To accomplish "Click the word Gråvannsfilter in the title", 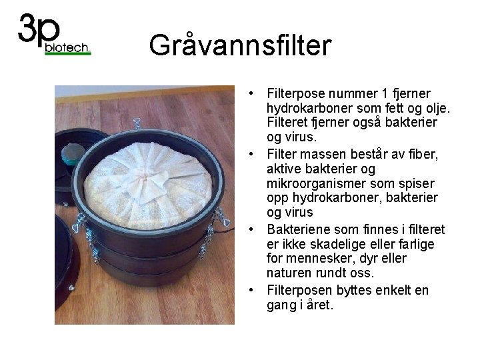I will (239, 45).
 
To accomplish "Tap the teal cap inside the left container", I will (69, 159).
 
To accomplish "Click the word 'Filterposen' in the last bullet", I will (295, 291).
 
